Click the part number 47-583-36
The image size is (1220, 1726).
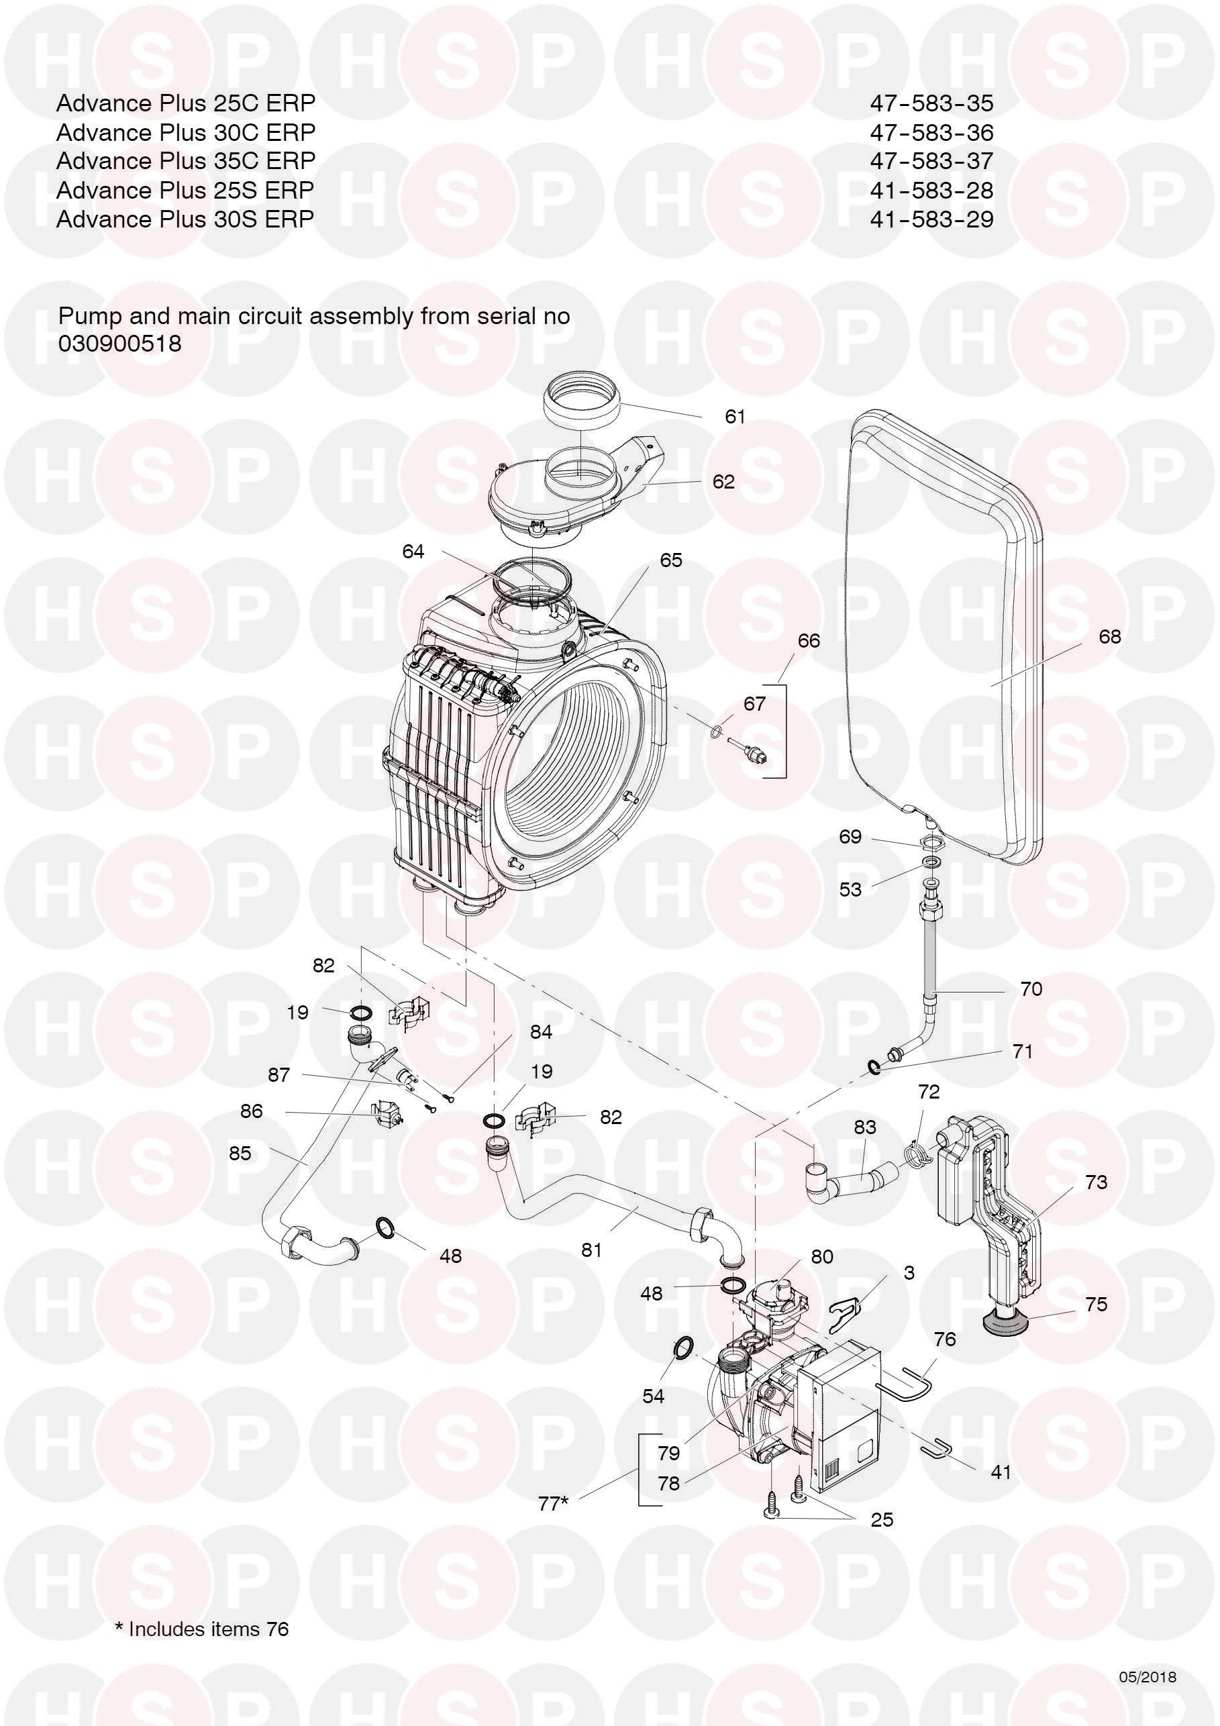931,132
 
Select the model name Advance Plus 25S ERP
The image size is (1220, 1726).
185,190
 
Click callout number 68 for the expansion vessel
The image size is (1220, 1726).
1109,637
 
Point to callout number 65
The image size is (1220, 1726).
670,560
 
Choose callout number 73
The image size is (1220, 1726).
1096,1182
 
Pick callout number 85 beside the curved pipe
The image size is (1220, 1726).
240,1153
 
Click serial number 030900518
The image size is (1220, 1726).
120,344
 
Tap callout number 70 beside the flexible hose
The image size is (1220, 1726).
1031,988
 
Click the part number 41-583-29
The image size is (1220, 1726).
931,219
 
